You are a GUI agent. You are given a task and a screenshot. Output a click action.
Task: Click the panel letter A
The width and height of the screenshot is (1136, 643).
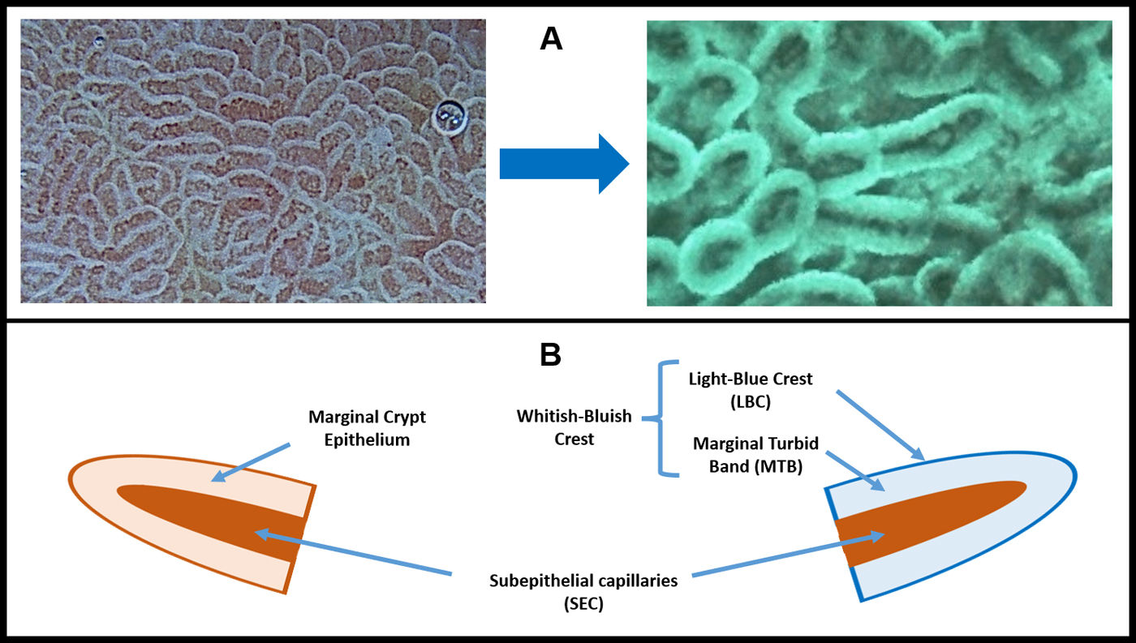(x=551, y=39)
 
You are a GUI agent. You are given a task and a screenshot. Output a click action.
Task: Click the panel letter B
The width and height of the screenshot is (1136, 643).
(x=551, y=354)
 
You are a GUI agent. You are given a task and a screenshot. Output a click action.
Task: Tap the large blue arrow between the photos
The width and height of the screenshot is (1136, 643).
(x=564, y=164)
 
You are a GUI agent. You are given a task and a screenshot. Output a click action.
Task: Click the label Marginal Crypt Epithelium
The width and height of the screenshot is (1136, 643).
(x=367, y=429)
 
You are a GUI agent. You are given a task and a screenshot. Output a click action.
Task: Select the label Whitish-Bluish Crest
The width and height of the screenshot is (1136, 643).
(x=575, y=427)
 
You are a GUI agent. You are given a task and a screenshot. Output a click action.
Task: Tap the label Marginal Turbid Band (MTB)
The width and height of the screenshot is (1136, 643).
(x=756, y=455)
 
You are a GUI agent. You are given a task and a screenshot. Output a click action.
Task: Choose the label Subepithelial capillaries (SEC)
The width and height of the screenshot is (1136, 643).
(x=583, y=593)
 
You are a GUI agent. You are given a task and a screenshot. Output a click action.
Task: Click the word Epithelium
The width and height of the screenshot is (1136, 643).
(x=367, y=439)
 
